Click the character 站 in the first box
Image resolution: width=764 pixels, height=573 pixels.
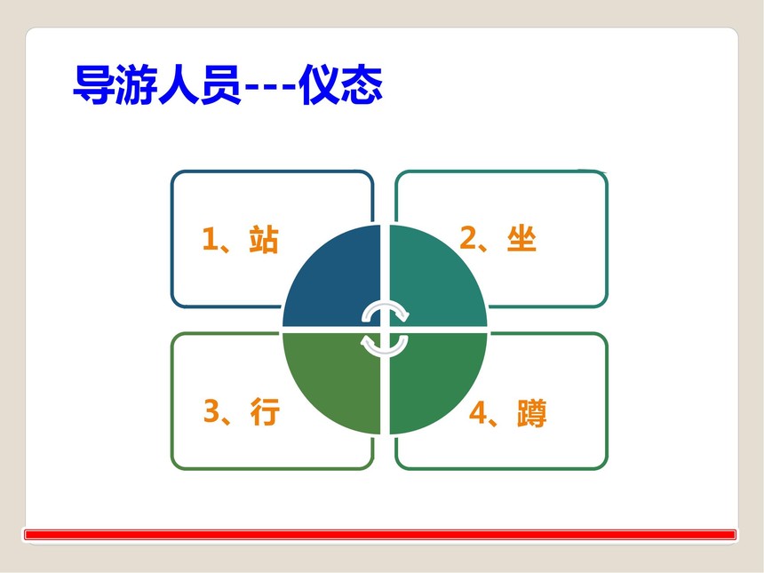tap(264, 239)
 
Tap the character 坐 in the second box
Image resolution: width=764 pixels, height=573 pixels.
tap(521, 239)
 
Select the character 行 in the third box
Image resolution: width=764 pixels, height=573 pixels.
tap(265, 411)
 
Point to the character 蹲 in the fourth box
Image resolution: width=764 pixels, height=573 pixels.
tap(531, 413)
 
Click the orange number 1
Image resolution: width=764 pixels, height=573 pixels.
tap(210, 238)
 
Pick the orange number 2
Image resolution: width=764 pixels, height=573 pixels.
tap(468, 237)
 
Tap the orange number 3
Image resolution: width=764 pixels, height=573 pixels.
tap(212, 410)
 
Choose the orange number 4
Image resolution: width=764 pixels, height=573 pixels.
tap(478, 412)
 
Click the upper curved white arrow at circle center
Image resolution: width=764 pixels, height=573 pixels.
tap(385, 306)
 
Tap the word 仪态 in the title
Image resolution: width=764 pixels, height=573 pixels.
tap(341, 84)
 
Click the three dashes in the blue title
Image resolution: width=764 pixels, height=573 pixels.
tap(270, 88)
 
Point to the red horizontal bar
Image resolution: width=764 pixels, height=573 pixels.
tap(380, 535)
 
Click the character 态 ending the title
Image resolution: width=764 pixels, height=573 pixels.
tap(362, 84)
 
